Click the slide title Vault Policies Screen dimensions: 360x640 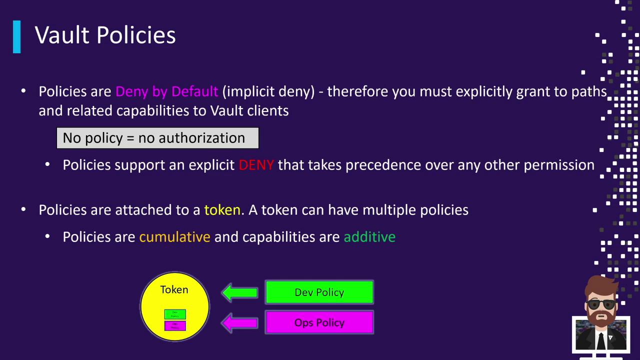(105, 35)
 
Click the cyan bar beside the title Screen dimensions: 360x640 (17, 36)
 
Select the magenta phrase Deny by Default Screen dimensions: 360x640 (166, 91)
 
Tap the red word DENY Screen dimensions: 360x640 (256, 165)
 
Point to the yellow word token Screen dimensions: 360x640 (222, 210)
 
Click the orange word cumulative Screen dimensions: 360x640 (174, 237)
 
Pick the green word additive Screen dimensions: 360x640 (369, 237)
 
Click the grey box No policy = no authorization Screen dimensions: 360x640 (157, 138)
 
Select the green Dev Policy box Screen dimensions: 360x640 (319, 292)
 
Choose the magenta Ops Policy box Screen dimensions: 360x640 (319, 322)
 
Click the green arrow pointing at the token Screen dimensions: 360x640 (239, 292)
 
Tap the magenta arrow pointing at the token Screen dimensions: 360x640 (239, 322)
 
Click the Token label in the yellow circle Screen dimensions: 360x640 (174, 289)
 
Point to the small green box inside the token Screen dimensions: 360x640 (175, 314)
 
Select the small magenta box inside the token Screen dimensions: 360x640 (175, 325)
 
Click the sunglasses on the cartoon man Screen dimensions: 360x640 (601, 304)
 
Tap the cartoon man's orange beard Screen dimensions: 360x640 (601, 318)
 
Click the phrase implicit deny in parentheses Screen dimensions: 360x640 (268, 91)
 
